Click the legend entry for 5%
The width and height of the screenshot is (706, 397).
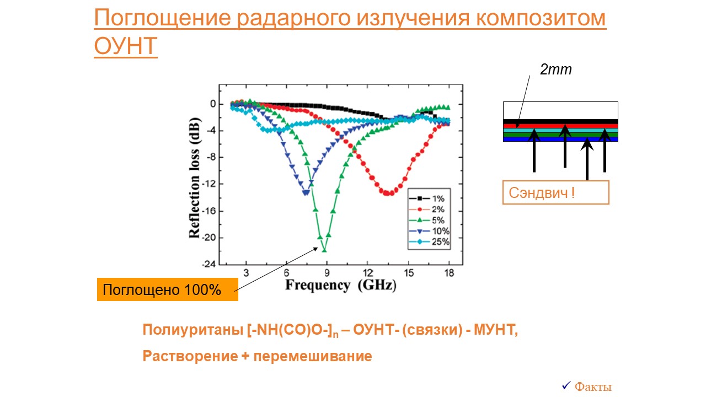pyautogui.click(x=429, y=220)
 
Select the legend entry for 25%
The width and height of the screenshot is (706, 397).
pyautogui.click(x=429, y=242)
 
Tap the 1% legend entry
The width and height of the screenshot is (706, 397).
pyautogui.click(x=429, y=198)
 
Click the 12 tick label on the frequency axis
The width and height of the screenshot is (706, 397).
pyautogui.click(x=367, y=273)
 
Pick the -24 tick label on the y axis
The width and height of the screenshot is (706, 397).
pyautogui.click(x=209, y=264)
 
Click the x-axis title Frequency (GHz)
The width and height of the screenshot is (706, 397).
pyautogui.click(x=341, y=285)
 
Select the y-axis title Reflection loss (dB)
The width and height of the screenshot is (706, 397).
pyautogui.click(x=195, y=178)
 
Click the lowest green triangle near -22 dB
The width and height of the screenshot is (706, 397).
pyautogui.click(x=324, y=250)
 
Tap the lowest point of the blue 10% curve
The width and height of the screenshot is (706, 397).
pyautogui.click(x=306, y=192)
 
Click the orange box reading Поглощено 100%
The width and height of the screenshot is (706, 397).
pyautogui.click(x=167, y=289)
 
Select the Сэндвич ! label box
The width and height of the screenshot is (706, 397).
pyautogui.click(x=555, y=192)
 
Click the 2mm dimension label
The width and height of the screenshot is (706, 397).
pyautogui.click(x=555, y=69)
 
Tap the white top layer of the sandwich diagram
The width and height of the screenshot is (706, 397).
pyautogui.click(x=560, y=110)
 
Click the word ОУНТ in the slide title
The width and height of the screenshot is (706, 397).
pyautogui.click(x=126, y=46)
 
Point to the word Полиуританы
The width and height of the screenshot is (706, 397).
pyautogui.click(x=193, y=330)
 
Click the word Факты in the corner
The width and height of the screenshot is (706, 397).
pyautogui.click(x=593, y=387)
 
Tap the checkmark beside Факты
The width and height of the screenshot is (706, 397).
pyautogui.click(x=566, y=385)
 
